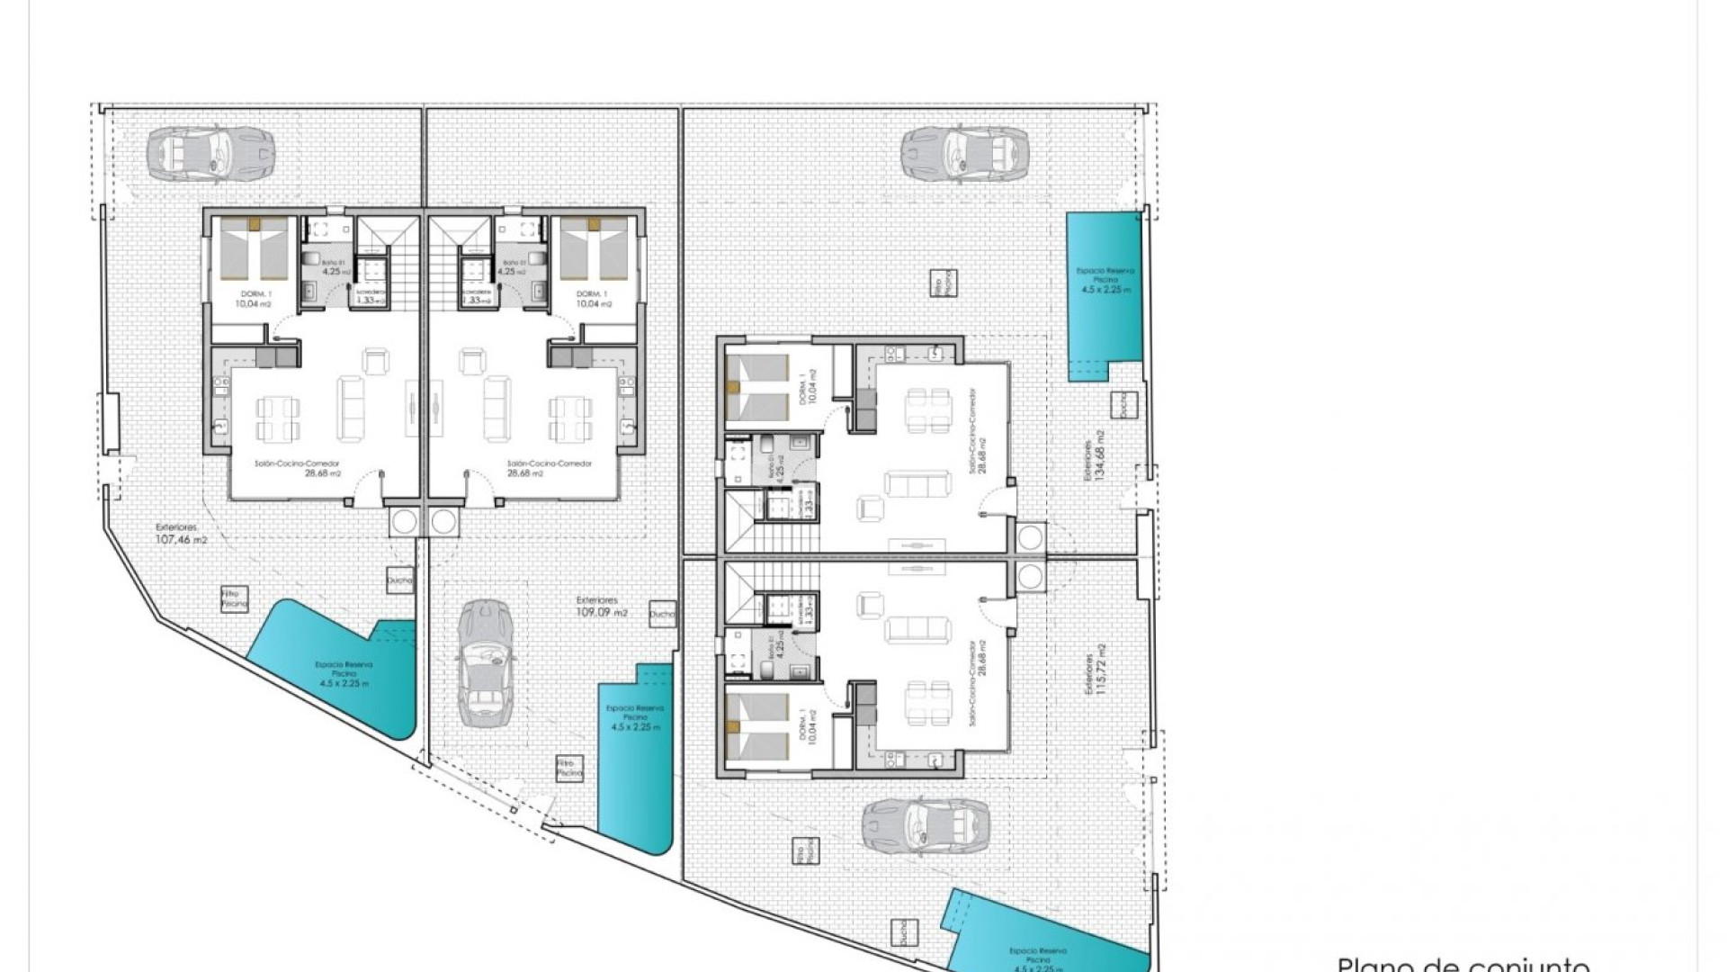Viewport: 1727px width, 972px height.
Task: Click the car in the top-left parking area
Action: (x=209, y=149)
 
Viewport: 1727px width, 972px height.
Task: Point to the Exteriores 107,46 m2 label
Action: (x=181, y=534)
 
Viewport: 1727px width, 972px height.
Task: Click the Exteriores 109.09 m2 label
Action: (x=601, y=606)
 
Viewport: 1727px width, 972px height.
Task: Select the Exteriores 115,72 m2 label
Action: (x=1094, y=669)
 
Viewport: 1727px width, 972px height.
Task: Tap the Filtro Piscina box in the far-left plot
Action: (x=234, y=598)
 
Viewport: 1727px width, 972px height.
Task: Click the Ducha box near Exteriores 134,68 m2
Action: (x=1122, y=405)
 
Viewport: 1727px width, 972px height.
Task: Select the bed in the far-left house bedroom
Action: (x=255, y=248)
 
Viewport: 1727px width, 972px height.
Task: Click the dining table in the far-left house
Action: (x=273, y=418)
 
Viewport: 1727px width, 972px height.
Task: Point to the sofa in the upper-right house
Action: (x=917, y=484)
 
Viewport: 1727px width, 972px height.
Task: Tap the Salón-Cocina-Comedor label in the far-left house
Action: (x=283, y=468)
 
